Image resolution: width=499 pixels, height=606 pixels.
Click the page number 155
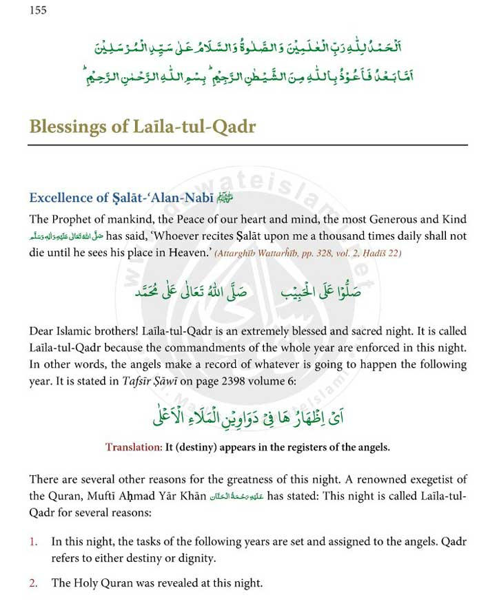tap(38, 10)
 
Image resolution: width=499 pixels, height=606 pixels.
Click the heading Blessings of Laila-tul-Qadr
tap(142, 126)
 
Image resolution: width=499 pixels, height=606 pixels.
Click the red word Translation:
tap(133, 447)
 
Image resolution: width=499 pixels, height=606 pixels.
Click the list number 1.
tap(32, 542)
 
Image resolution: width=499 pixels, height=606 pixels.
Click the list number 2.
tap(33, 583)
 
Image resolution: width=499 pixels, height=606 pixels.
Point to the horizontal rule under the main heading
tap(247, 145)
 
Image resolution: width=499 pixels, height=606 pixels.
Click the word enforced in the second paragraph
tap(386, 347)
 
